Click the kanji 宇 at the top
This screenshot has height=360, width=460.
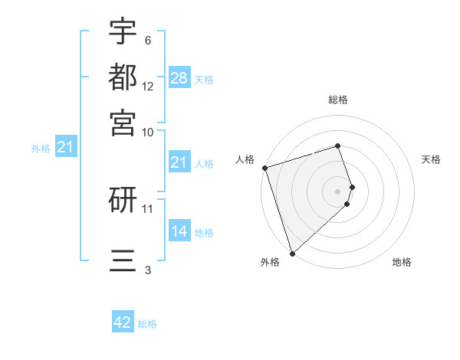[x=123, y=32]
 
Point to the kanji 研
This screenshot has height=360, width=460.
[x=123, y=201]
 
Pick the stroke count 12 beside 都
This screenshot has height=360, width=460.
[x=148, y=87]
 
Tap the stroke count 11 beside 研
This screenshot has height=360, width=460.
[x=148, y=208]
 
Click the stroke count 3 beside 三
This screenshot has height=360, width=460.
[x=148, y=269]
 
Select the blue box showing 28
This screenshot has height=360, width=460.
[x=179, y=77]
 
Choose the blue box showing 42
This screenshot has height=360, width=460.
[x=123, y=322]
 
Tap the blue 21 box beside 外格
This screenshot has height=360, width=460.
[x=65, y=147]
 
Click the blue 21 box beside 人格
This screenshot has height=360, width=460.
[x=179, y=162]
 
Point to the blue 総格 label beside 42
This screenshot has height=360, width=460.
[x=147, y=324]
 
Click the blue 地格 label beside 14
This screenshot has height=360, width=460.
[x=204, y=232]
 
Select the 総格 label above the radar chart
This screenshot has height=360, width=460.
[x=338, y=100]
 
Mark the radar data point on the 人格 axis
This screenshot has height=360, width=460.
[x=264, y=168]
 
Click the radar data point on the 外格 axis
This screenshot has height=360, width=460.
[x=292, y=253]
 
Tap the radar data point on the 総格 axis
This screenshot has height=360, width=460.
[x=338, y=146]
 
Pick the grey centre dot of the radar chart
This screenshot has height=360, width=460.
[x=338, y=191]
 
